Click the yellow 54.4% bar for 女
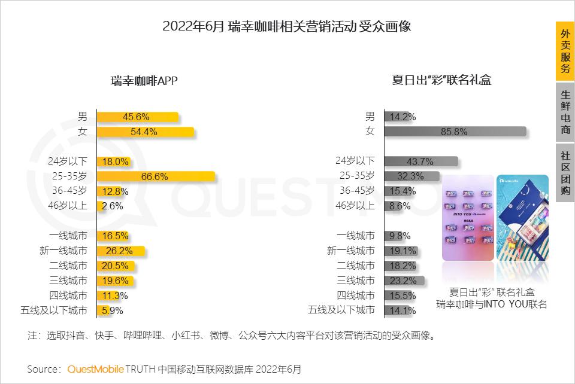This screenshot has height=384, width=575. tap(145, 132)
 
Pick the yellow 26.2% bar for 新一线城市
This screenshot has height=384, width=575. tap(120, 251)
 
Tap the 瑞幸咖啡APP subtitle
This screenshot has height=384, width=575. tap(144, 81)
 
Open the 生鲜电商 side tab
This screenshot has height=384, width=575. tap(565, 112)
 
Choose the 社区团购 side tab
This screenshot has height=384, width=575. tap(565, 173)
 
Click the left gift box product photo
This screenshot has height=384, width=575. tap(468, 218)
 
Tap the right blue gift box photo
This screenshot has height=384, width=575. tap(522, 218)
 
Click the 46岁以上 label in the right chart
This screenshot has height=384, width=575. tap(355, 206)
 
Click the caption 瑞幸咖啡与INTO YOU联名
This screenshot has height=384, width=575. tap(492, 304)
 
